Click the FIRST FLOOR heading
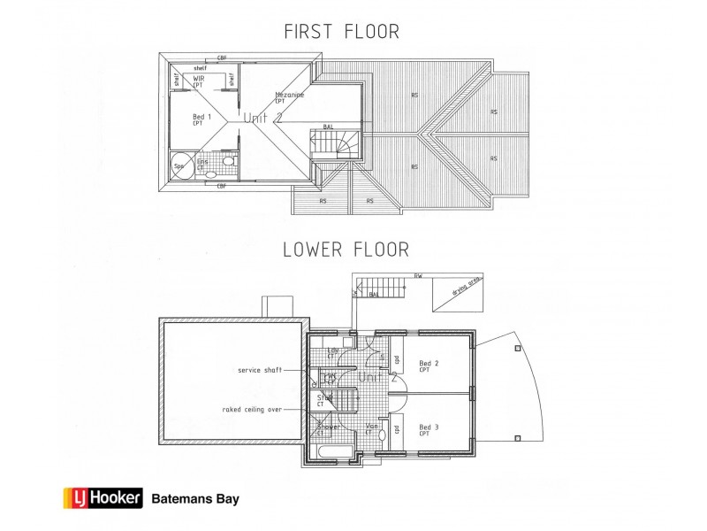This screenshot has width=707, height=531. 340,32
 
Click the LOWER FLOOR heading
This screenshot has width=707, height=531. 346,250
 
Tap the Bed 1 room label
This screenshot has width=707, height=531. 201,119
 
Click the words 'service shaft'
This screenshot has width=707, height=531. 259,370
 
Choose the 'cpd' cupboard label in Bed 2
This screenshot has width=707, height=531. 399,360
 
